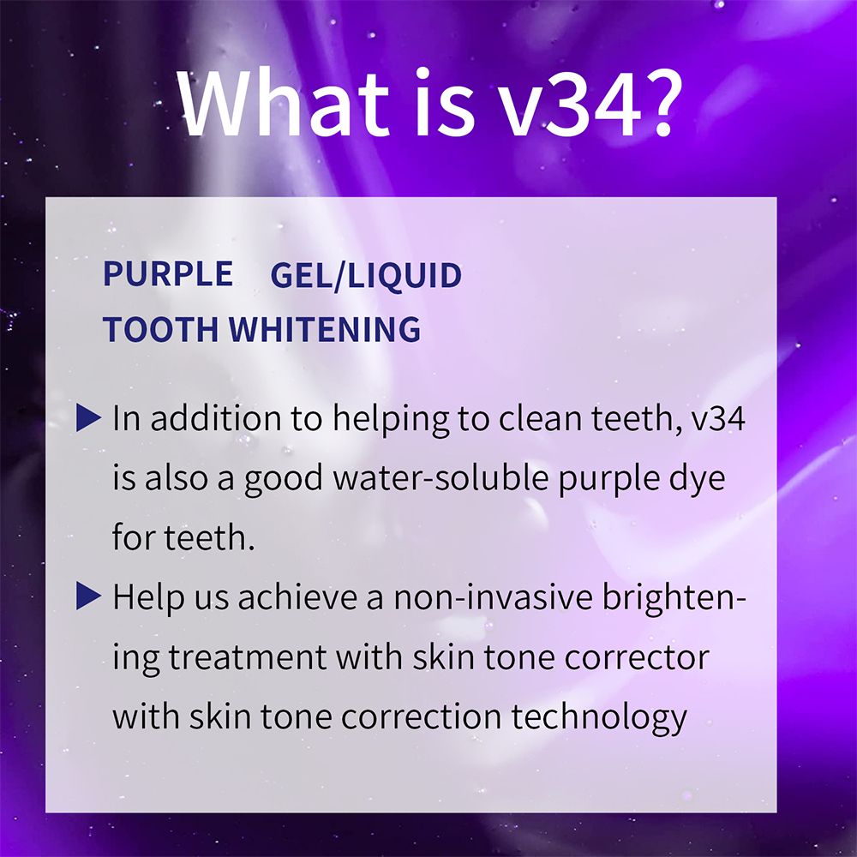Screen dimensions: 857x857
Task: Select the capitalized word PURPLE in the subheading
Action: click(168, 274)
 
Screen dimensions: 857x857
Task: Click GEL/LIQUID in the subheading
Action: click(366, 276)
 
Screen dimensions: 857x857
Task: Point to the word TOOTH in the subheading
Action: click(161, 329)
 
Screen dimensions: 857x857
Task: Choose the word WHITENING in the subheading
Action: click(326, 329)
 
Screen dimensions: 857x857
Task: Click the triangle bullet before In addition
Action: click(89, 418)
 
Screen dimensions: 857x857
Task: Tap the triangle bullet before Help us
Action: click(89, 596)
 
